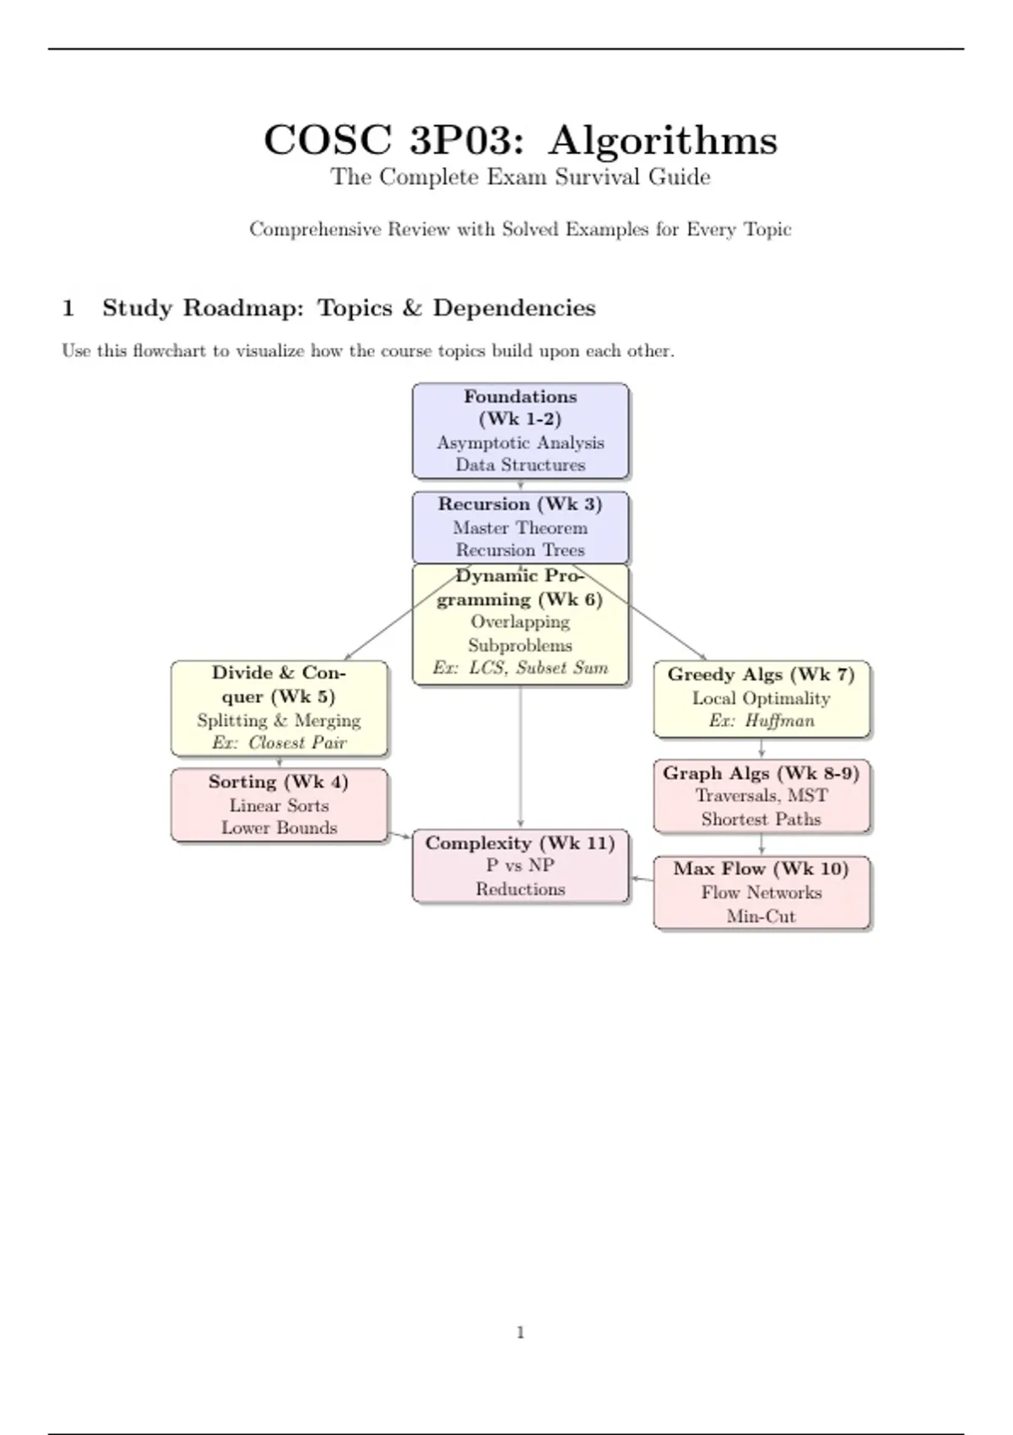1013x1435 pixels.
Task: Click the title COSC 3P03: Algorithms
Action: point(520,140)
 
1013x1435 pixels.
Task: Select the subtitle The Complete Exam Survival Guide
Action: point(520,177)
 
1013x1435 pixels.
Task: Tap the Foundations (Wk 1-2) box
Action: point(520,430)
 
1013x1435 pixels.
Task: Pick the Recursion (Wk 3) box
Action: point(520,527)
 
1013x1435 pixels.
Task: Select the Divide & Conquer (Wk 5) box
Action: point(279,707)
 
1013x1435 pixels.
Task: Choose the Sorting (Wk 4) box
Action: point(279,804)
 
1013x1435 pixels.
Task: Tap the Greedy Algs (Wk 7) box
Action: point(761,698)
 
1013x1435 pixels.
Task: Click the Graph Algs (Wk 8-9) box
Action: point(761,796)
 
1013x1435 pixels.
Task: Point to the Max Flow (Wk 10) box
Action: point(761,892)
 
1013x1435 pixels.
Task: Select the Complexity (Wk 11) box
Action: point(520,866)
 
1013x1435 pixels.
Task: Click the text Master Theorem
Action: point(520,528)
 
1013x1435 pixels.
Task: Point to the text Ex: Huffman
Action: point(761,721)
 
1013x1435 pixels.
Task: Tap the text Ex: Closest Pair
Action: point(279,744)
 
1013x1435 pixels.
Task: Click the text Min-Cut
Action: point(761,917)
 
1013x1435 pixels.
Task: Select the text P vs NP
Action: point(520,865)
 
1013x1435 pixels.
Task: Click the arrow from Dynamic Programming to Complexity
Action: point(520,755)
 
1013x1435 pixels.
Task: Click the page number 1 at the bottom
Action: point(520,1333)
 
